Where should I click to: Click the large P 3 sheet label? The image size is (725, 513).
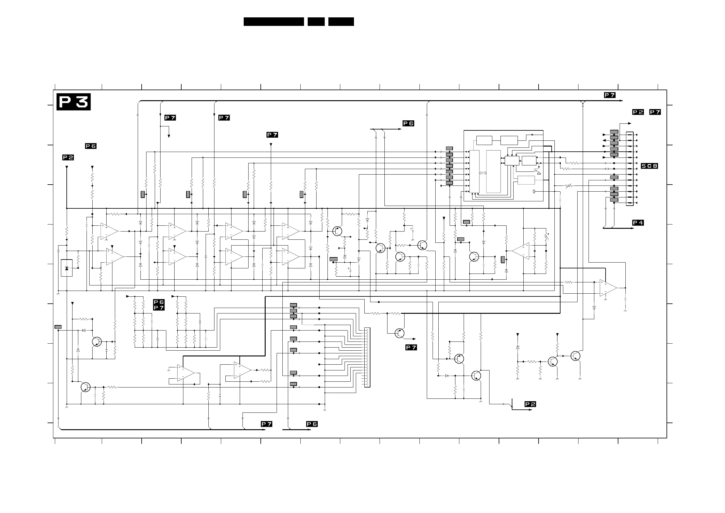(x=73, y=102)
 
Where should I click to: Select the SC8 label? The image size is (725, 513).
(x=649, y=166)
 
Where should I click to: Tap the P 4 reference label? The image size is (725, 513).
(x=638, y=223)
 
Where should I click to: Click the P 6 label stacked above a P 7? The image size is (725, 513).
(x=159, y=302)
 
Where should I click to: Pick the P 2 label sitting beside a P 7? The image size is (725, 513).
(x=638, y=112)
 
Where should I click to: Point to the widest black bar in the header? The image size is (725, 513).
(x=274, y=22)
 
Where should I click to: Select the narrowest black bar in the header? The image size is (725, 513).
(x=316, y=22)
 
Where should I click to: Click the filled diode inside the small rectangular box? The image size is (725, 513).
(x=67, y=268)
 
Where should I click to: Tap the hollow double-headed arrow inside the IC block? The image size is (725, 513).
(x=483, y=173)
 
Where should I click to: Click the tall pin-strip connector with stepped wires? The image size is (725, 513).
(x=367, y=357)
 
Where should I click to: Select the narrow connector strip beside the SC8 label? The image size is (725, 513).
(x=630, y=169)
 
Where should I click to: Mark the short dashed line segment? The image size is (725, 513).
(x=307, y=325)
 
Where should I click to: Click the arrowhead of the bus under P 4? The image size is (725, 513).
(x=632, y=228)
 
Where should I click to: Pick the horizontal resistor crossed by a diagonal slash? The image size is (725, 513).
(x=569, y=186)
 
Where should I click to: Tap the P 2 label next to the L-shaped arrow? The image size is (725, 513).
(x=530, y=404)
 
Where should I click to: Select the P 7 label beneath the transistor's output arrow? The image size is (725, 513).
(x=411, y=348)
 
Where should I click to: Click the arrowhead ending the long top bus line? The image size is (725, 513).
(x=621, y=101)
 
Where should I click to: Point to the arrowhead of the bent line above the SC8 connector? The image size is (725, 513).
(x=629, y=123)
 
